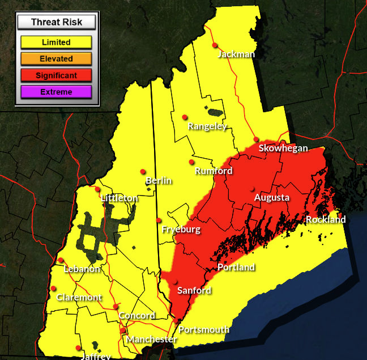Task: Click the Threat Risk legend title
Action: tap(56, 23)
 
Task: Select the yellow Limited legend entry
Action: tap(56, 42)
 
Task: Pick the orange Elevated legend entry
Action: tap(56, 58)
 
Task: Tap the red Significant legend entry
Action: tap(56, 75)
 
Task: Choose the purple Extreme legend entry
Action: tap(56, 92)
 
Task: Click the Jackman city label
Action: tap(236, 54)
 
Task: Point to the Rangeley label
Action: tap(207, 126)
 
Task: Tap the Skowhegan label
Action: tap(283, 149)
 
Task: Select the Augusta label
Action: tap(272, 198)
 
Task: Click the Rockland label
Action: tap(326, 220)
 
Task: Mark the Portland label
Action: tap(236, 268)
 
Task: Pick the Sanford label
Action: tap(194, 291)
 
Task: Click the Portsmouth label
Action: tap(204, 330)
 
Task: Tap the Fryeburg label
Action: tap(181, 230)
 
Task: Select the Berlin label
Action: tap(159, 181)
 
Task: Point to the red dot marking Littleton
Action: tap(97, 189)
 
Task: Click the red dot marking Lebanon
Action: tap(61, 260)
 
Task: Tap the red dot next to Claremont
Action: tap(53, 289)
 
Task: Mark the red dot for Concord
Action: tap(116, 307)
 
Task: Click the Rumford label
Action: tap(214, 171)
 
